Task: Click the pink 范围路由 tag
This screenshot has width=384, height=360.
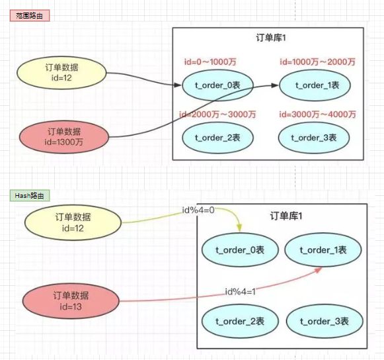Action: [x=30, y=16]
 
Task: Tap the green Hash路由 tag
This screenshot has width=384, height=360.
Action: [x=30, y=195]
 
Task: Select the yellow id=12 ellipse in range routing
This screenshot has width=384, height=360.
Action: [x=61, y=73]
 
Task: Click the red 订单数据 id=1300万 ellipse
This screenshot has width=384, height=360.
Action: [x=64, y=137]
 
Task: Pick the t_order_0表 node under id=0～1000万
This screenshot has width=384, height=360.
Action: [x=217, y=85]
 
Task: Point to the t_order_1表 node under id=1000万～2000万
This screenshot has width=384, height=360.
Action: [x=315, y=85]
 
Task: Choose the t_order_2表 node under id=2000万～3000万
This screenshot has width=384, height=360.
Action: [x=217, y=138]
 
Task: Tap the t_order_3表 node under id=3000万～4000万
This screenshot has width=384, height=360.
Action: [x=314, y=138]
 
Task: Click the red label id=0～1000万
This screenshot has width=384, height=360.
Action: [x=210, y=62]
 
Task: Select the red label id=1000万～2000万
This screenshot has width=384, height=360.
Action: [x=317, y=62]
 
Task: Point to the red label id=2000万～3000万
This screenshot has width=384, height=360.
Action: [x=217, y=114]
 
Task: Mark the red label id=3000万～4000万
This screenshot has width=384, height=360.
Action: [x=317, y=114]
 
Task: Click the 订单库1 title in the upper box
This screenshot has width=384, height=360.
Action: [x=271, y=38]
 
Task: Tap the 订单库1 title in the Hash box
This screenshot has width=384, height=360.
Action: [x=286, y=216]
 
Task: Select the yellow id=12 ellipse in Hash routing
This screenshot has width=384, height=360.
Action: [x=73, y=222]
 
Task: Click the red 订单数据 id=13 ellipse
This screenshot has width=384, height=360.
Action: [x=71, y=301]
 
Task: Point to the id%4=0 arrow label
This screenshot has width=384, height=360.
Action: [x=198, y=210]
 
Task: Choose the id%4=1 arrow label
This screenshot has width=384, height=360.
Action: [x=240, y=292]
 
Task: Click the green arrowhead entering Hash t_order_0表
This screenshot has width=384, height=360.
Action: [x=239, y=228]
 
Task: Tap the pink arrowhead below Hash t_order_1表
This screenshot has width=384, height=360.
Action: [x=318, y=270]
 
